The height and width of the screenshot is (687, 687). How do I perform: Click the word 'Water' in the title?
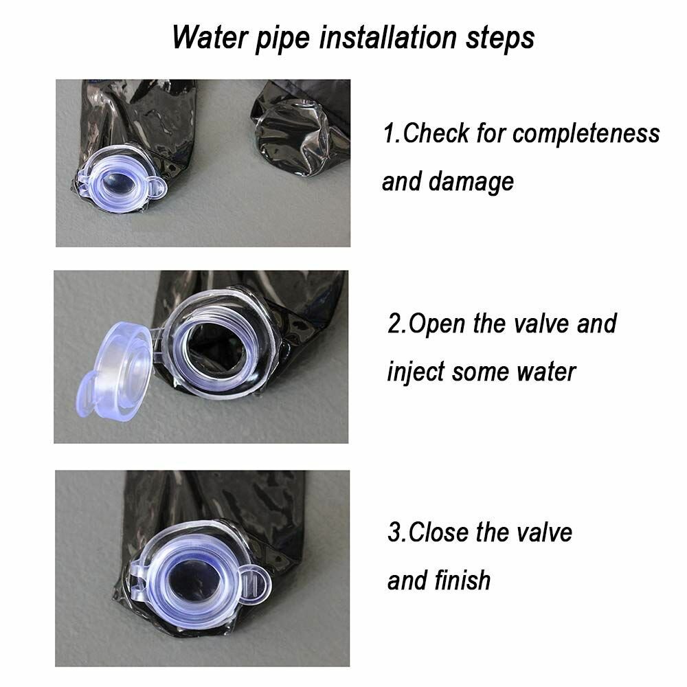pos(210,37)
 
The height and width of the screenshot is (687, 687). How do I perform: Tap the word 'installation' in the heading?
pos(387,37)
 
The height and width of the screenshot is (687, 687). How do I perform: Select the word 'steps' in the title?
pos(500,38)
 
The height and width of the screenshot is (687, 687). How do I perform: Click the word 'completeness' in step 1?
pos(586,134)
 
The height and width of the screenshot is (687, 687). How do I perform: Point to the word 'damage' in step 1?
pos(471,182)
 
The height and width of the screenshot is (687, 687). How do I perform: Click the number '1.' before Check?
pos(392,133)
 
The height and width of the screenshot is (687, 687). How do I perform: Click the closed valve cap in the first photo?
pos(118,179)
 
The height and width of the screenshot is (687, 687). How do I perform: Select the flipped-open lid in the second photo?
pos(115,371)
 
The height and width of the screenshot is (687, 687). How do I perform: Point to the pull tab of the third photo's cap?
pos(255,584)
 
